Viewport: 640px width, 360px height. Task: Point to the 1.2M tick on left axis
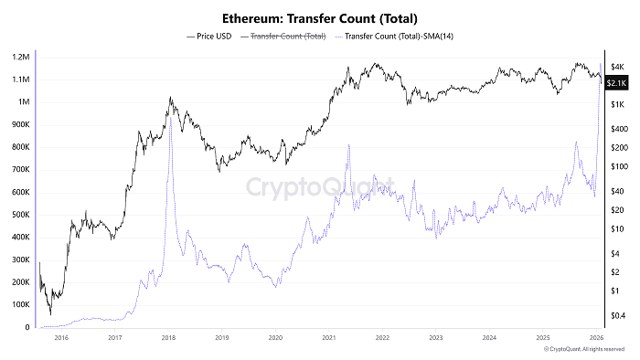click(18, 57)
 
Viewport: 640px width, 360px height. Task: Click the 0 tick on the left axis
click(27, 327)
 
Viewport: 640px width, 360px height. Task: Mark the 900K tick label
click(18, 124)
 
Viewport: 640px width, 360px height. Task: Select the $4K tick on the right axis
click(616, 67)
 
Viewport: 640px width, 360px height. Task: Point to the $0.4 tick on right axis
click(616, 316)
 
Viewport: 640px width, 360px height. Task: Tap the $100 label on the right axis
click(616, 166)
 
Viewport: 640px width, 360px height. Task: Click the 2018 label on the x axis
click(168, 337)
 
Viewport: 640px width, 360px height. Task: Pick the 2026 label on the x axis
click(595, 337)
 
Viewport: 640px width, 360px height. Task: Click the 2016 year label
click(61, 337)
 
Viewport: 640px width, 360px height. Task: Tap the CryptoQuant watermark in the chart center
click(319, 186)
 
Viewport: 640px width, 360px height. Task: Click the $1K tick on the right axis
click(616, 104)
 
